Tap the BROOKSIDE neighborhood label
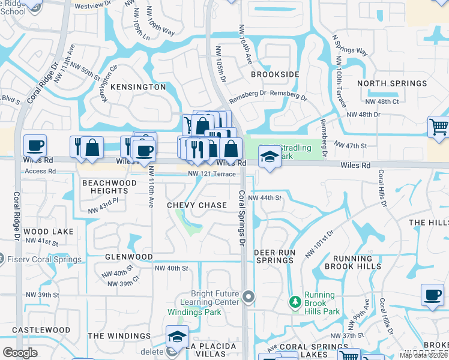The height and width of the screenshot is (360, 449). tap(275, 74)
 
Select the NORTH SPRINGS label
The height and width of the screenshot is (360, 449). tap(392, 83)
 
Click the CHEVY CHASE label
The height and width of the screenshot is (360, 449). tap(197, 205)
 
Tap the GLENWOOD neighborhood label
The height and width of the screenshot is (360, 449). tap(128, 257)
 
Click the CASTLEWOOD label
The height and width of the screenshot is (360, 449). tap(41, 330)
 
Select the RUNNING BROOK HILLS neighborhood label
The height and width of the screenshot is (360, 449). tap(352, 262)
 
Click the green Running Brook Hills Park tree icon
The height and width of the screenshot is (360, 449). tap(294, 301)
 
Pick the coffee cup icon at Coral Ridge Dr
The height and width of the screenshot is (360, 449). tap(35, 145)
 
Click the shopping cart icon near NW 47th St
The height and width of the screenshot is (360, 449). tap(438, 127)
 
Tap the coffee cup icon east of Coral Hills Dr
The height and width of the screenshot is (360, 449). tap(432, 295)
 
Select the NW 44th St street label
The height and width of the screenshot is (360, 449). tap(265, 197)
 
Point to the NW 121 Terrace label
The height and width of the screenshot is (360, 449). tap(211, 174)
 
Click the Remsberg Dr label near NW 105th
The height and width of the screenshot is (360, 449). tap(247, 94)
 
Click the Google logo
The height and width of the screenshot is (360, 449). tap(20, 353)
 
